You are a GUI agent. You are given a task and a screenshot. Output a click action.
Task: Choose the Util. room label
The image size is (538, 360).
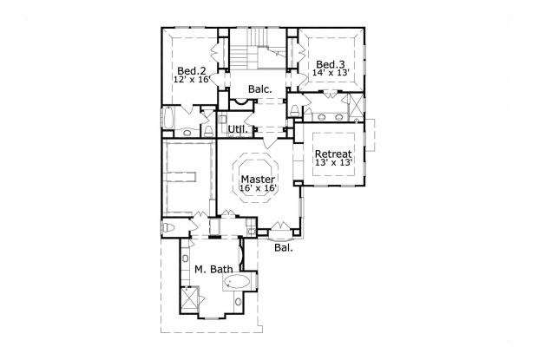pyautogui.click(x=238, y=130)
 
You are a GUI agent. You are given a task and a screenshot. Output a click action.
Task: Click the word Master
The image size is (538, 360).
pyautogui.click(x=258, y=179)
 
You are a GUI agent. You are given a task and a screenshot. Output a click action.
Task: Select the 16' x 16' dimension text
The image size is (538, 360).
pyautogui.click(x=258, y=188)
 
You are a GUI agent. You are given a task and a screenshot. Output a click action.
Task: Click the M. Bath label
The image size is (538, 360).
pyautogui.click(x=213, y=270)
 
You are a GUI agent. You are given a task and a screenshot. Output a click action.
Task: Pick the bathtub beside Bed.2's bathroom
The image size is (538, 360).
pyautogui.click(x=168, y=118)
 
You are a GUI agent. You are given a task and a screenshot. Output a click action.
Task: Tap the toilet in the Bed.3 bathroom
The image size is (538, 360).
pyautogui.click(x=296, y=110)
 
